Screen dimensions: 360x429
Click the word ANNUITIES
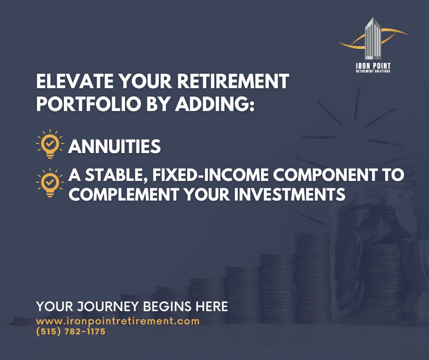114,147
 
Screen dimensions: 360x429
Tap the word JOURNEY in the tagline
107,306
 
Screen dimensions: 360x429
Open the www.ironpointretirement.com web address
118,321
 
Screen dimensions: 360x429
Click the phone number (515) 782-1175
71,332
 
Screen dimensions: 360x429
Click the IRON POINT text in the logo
373,66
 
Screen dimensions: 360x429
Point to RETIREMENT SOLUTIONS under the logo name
373,71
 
